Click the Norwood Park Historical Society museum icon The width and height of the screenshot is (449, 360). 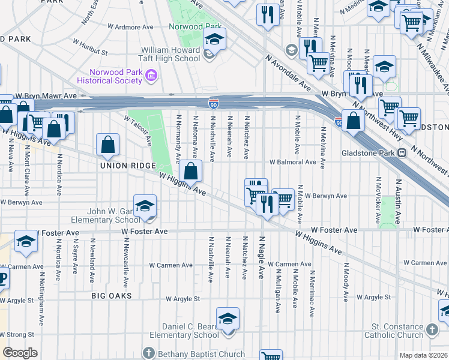(x=151, y=76)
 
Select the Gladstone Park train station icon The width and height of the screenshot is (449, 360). (x=402, y=153)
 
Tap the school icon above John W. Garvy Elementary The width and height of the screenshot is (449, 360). (x=145, y=206)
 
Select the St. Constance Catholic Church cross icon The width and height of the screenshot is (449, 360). (x=432, y=328)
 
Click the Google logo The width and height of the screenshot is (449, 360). (x=19, y=353)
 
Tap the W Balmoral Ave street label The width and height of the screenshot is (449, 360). (x=292, y=162)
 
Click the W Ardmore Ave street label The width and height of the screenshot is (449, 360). (x=131, y=27)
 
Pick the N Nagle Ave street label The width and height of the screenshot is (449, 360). (x=261, y=256)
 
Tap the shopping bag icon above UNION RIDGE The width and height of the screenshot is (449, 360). (x=107, y=145)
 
